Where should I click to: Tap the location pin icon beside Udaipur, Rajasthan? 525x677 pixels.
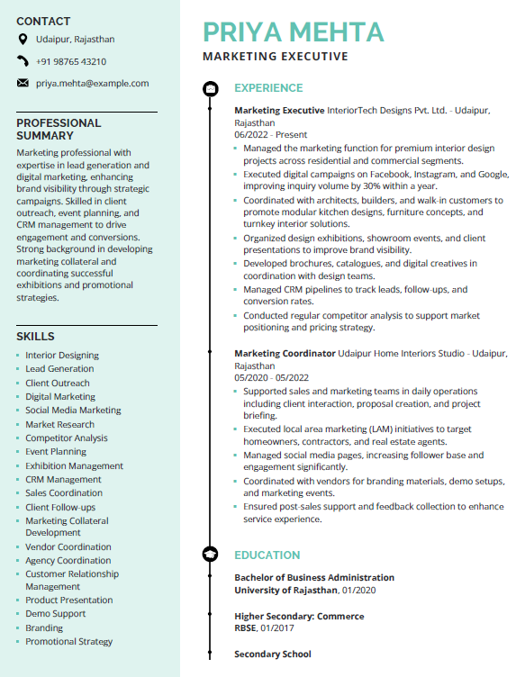tap(23, 40)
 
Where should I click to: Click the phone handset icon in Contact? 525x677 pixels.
tap(23, 61)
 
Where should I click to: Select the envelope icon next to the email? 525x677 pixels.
tap(23, 83)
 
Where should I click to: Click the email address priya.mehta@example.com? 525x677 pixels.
tap(92, 83)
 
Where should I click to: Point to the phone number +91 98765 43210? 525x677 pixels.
tap(71, 61)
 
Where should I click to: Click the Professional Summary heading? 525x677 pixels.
tap(59, 129)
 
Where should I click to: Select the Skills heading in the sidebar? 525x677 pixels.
tap(35, 336)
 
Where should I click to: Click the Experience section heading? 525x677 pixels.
tap(268, 88)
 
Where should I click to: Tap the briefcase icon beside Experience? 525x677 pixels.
tap(210, 88)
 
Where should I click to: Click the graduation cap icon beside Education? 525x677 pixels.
tap(210, 555)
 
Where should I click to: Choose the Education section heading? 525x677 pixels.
tap(267, 555)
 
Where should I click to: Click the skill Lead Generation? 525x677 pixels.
tap(59, 369)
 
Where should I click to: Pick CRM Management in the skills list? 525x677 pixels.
tap(63, 480)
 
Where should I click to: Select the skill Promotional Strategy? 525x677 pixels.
tap(69, 642)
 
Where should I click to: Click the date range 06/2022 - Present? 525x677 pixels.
tap(270, 134)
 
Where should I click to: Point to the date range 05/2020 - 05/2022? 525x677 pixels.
tap(271, 378)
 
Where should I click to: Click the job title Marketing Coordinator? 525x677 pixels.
tap(285, 354)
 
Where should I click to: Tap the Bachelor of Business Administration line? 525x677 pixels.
tap(314, 578)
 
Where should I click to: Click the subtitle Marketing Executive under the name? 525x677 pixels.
tap(276, 57)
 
